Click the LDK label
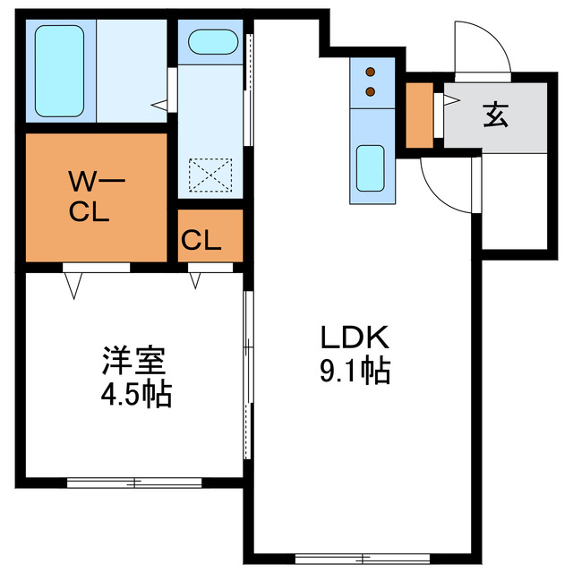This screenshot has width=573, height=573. click(355, 338)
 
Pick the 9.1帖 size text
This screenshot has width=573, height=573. click(355, 369)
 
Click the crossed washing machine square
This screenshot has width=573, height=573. click(211, 174)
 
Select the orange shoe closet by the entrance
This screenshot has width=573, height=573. click(418, 115)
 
